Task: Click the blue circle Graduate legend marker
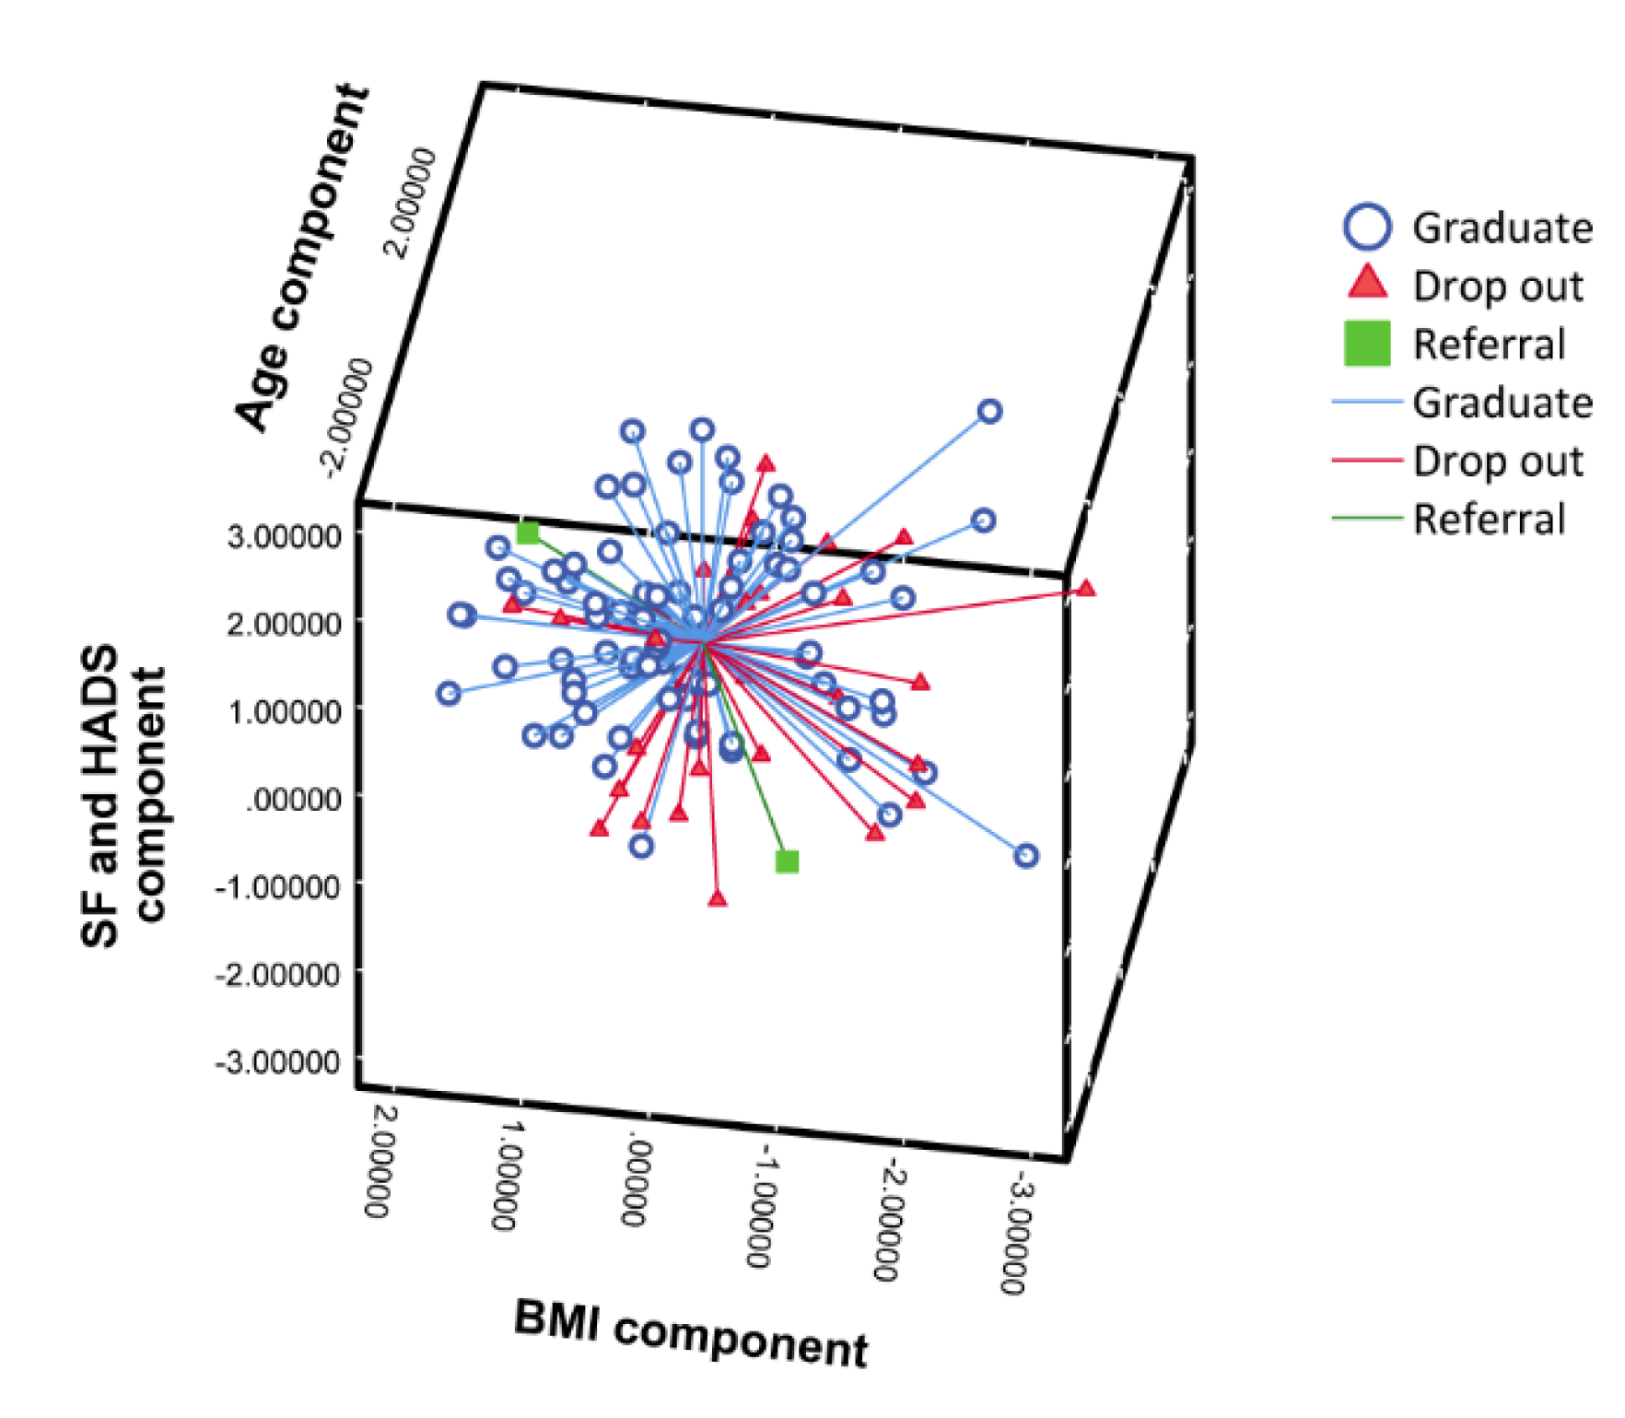pos(1367,227)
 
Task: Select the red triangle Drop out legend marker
pos(1367,284)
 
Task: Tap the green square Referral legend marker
pos(1367,343)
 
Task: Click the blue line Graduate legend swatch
pos(1367,402)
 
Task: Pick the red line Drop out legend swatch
pos(1367,460)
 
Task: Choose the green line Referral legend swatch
pos(1367,518)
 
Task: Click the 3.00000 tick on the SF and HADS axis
pos(284,535)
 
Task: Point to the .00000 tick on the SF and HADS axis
pos(293,798)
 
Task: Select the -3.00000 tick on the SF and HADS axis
pos(278,1061)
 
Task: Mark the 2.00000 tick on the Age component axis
pos(410,203)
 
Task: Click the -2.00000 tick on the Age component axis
pos(350,418)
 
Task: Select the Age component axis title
pos(302,258)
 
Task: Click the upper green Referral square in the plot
pos(528,533)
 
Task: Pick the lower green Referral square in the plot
pos(787,861)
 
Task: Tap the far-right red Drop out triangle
pos(1086,588)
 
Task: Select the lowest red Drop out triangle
pos(718,898)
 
